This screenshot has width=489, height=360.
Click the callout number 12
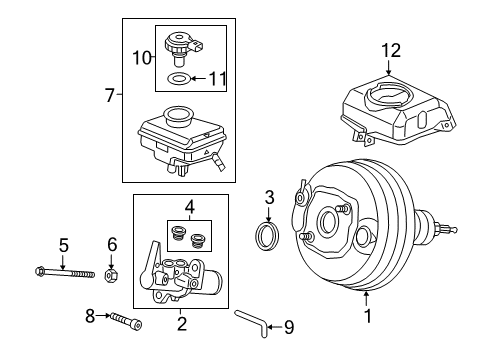pos(391,51)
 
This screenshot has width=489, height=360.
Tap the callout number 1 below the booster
pos(368,316)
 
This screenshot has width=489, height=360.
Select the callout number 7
pos(110,95)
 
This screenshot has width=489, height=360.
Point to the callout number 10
pos(142,58)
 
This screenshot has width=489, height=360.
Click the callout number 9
pos(289,327)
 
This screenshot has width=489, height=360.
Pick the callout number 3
pos(269,197)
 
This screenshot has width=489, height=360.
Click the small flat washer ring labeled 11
pos(179,79)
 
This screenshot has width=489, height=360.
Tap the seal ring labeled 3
pos(267,235)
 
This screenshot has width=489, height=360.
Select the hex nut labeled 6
pos(112,275)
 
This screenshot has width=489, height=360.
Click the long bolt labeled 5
pos(65,273)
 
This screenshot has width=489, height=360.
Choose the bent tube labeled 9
pos(252,322)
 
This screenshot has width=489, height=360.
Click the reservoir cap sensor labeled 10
pos(184,49)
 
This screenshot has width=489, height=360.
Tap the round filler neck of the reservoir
pos(179,115)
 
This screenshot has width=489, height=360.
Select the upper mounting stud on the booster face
pos(343,209)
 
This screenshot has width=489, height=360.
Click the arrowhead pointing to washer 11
pos(194,79)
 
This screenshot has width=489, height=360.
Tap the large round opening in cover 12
pos(389,95)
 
